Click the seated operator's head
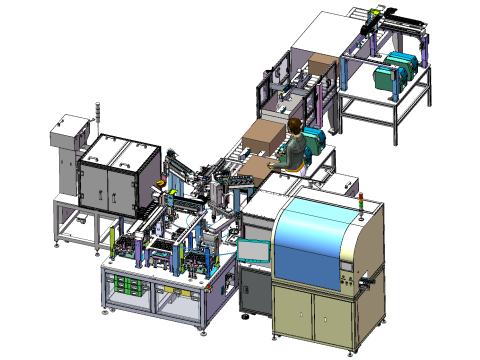coord(295,125)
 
